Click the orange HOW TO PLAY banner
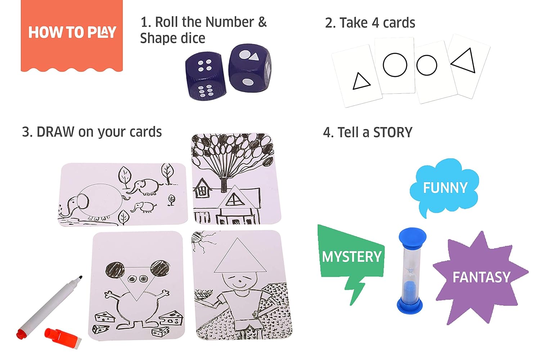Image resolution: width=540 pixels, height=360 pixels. point(72,35)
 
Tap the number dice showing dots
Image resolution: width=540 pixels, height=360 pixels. point(206,76)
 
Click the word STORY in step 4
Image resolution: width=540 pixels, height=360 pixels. point(393,132)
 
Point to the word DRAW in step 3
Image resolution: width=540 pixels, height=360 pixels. point(56,132)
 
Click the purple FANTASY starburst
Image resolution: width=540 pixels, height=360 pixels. point(481,277)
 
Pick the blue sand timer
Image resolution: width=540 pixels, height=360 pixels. point(411,271)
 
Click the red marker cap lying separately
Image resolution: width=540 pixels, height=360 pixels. point(63,338)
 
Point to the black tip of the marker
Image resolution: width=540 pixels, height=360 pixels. point(80,278)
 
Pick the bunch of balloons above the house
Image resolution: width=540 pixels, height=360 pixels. point(233,151)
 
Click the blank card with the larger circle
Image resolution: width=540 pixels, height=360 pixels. point(395,65)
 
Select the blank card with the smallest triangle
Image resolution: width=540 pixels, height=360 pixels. point(357,76)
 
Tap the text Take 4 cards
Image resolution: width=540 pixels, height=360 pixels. point(370,23)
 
